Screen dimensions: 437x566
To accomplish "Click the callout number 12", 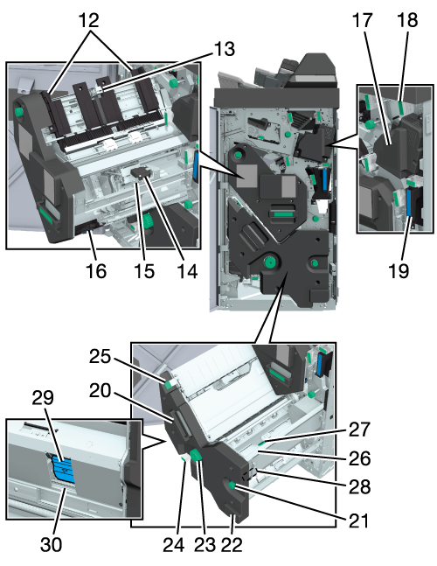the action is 89,21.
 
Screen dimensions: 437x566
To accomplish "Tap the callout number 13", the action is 225,49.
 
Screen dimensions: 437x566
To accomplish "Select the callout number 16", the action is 96,271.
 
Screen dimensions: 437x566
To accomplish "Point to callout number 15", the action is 144,271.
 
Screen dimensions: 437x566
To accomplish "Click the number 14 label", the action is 187,271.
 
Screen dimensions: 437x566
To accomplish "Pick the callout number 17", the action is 362,20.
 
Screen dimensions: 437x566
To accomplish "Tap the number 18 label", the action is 407,20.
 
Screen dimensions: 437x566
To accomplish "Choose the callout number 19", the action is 399,270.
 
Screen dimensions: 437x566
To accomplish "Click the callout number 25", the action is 100,357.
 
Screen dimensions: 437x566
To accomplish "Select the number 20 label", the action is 100,390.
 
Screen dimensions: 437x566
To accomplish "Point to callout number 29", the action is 43,398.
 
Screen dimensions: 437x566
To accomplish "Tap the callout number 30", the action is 51,545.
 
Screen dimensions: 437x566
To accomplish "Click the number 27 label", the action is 359,430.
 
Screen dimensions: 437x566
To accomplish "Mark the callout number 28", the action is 359,487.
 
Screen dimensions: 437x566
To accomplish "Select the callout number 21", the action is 358,521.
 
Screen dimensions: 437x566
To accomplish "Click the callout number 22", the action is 231,545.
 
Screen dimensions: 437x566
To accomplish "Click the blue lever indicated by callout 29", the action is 63,469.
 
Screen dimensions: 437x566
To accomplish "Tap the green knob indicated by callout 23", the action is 197,456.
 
